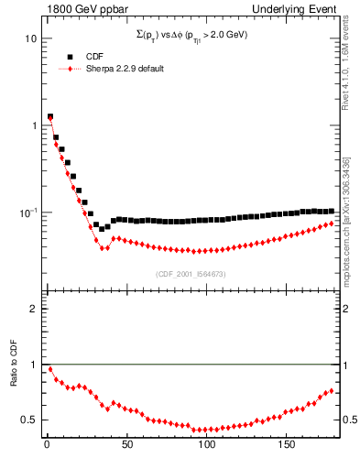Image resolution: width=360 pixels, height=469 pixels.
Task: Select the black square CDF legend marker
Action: click(70, 56)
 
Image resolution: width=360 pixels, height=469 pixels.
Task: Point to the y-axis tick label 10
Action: click(30, 38)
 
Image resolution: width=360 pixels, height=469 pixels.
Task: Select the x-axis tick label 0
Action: click(47, 446)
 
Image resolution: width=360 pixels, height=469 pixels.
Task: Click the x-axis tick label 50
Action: click(126, 446)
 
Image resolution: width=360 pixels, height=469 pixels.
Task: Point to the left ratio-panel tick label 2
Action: click(33, 309)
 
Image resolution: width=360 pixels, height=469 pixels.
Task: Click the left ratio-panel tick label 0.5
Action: click(29, 420)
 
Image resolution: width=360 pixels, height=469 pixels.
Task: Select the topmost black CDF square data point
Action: click(49, 116)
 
